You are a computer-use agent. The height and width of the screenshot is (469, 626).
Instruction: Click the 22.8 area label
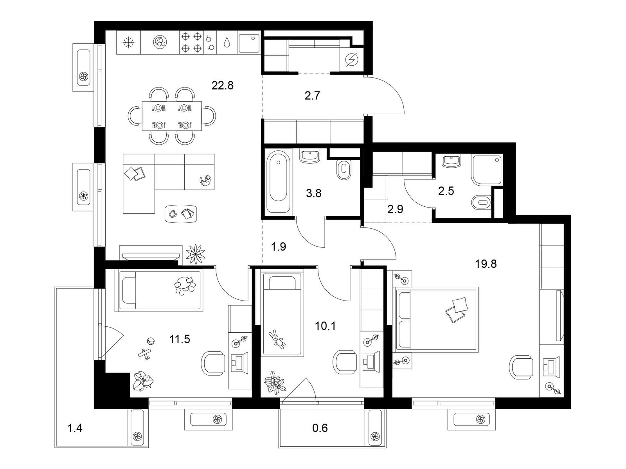(x=222, y=85)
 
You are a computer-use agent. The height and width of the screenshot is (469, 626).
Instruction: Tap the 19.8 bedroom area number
(x=486, y=264)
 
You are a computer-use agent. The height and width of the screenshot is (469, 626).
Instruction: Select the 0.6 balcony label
(x=320, y=428)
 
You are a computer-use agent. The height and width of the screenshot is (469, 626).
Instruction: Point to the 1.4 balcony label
(x=74, y=428)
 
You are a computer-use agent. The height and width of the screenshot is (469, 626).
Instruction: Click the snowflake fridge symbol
(x=129, y=43)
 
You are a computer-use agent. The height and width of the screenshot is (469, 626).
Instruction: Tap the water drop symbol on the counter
(x=227, y=43)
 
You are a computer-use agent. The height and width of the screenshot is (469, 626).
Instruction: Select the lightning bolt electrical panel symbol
(x=351, y=60)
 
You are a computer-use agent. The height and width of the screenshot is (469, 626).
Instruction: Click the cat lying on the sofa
(x=206, y=181)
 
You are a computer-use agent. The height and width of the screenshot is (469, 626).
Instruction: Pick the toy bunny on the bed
(x=278, y=339)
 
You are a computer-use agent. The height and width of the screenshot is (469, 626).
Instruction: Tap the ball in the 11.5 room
(x=151, y=341)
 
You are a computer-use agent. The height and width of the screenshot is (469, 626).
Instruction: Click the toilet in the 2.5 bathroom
(x=481, y=202)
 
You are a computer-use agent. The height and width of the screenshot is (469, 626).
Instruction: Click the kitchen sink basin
(x=249, y=43)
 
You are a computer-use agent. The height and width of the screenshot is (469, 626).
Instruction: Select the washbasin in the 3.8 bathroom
(x=310, y=156)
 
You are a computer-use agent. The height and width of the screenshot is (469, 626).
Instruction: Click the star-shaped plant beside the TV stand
(x=196, y=254)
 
